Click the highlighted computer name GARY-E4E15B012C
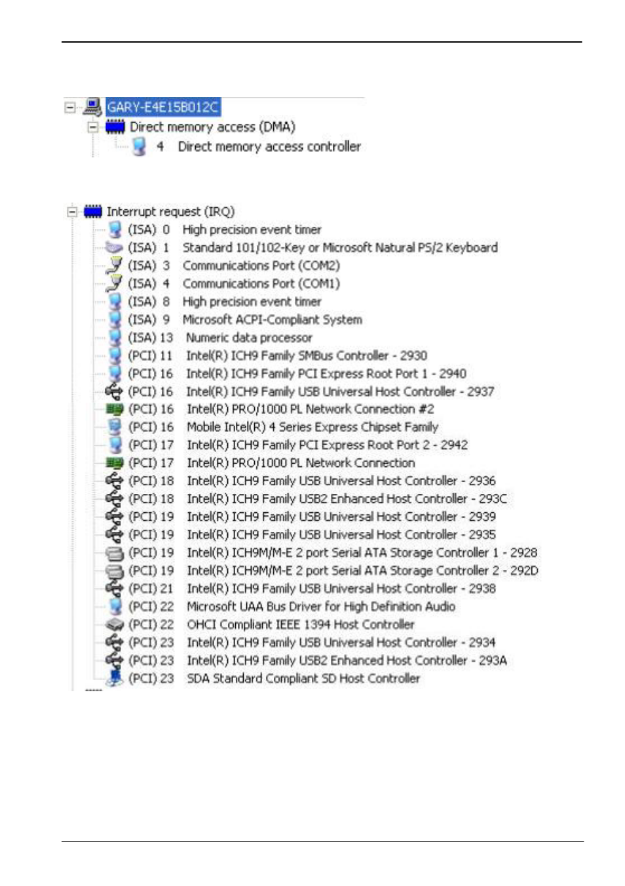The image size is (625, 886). [163, 107]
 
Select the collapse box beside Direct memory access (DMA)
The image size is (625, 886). [92, 127]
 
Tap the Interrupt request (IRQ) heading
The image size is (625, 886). [171, 212]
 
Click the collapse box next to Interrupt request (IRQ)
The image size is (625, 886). [71, 212]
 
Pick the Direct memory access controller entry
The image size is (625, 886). [269, 147]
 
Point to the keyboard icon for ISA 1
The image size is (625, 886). [114, 248]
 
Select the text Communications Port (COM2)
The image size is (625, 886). [261, 266]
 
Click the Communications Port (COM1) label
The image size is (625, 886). [261, 283]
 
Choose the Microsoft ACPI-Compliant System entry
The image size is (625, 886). [272, 319]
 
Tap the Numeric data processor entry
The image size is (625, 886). [249, 338]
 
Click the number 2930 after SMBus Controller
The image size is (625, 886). [413, 355]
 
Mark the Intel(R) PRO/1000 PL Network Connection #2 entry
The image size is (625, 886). [311, 409]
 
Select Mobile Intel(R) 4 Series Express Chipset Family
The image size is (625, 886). [312, 427]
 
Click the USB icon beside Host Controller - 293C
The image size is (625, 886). [114, 498]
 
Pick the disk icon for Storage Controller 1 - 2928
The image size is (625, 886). [115, 553]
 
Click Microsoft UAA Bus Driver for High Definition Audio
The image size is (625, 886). [321, 607]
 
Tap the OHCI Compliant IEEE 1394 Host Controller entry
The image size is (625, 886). [301, 624]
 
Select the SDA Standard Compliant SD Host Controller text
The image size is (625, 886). [303, 679]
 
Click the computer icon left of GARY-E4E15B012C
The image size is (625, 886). [92, 107]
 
